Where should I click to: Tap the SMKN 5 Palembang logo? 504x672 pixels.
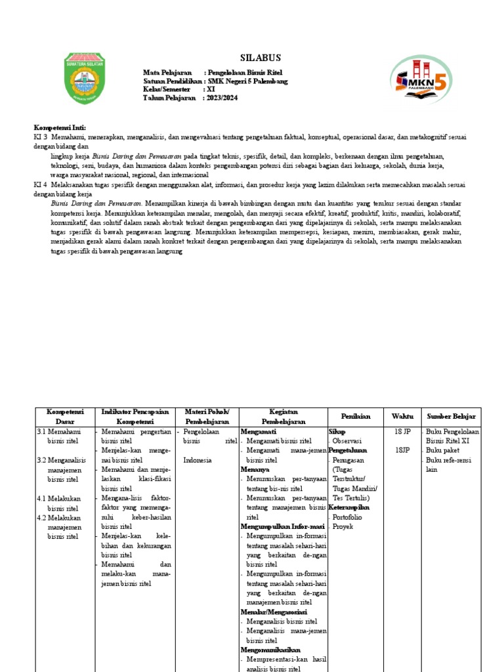tap(420, 81)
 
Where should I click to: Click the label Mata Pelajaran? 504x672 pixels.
tap(167, 72)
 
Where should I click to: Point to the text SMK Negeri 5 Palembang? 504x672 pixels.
tap(247, 81)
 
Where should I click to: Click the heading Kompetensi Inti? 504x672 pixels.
tap(60, 127)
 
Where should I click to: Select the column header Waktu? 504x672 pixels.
tap(402, 416)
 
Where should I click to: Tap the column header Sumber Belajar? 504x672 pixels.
tap(451, 416)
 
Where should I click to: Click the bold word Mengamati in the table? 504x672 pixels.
tap(258, 432)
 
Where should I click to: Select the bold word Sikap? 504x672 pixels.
tap(337, 432)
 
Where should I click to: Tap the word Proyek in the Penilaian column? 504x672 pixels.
tap(343, 526)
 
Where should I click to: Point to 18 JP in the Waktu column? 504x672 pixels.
tap(402, 432)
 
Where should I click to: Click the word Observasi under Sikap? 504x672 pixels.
tap(347, 442)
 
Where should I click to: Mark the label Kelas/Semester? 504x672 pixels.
tap(167, 89)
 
